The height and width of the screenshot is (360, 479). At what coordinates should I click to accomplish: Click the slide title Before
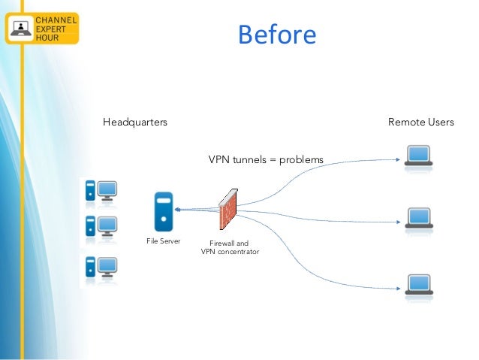[x=277, y=35]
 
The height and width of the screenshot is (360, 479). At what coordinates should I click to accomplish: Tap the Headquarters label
[x=135, y=122]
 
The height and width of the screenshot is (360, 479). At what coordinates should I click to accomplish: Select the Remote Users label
[x=420, y=122]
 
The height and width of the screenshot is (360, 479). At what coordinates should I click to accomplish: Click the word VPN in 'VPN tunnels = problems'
[x=218, y=160]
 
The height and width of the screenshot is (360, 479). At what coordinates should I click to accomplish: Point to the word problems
[x=300, y=160]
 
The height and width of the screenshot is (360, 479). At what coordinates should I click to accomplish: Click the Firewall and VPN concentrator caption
[x=230, y=247]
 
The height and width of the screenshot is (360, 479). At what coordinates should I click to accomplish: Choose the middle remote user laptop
[x=418, y=218]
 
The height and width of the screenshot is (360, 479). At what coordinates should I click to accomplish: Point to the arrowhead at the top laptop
[x=397, y=159]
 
